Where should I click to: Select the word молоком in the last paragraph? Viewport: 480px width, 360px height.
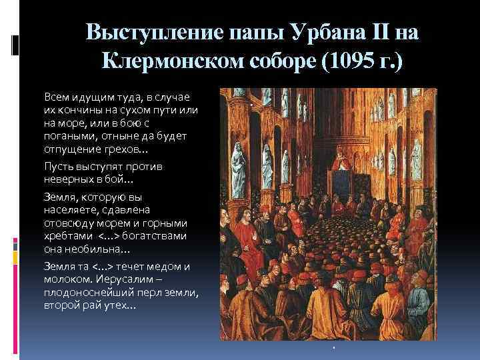tap(66, 279)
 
